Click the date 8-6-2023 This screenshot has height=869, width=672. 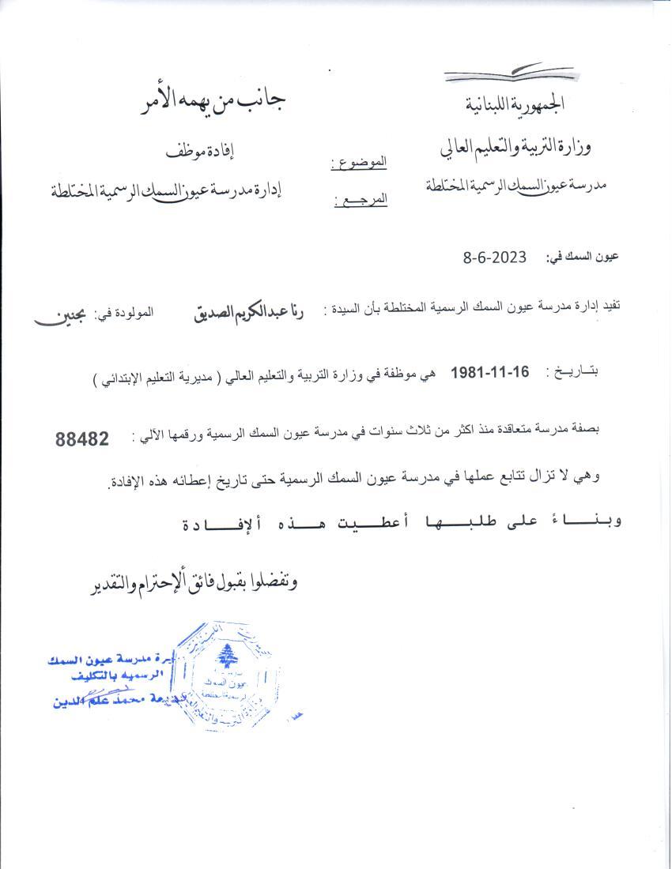[495, 258]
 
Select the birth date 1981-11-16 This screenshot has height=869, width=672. [490, 372]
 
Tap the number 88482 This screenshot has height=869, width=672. [82, 440]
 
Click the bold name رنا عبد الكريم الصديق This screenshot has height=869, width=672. [251, 311]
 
